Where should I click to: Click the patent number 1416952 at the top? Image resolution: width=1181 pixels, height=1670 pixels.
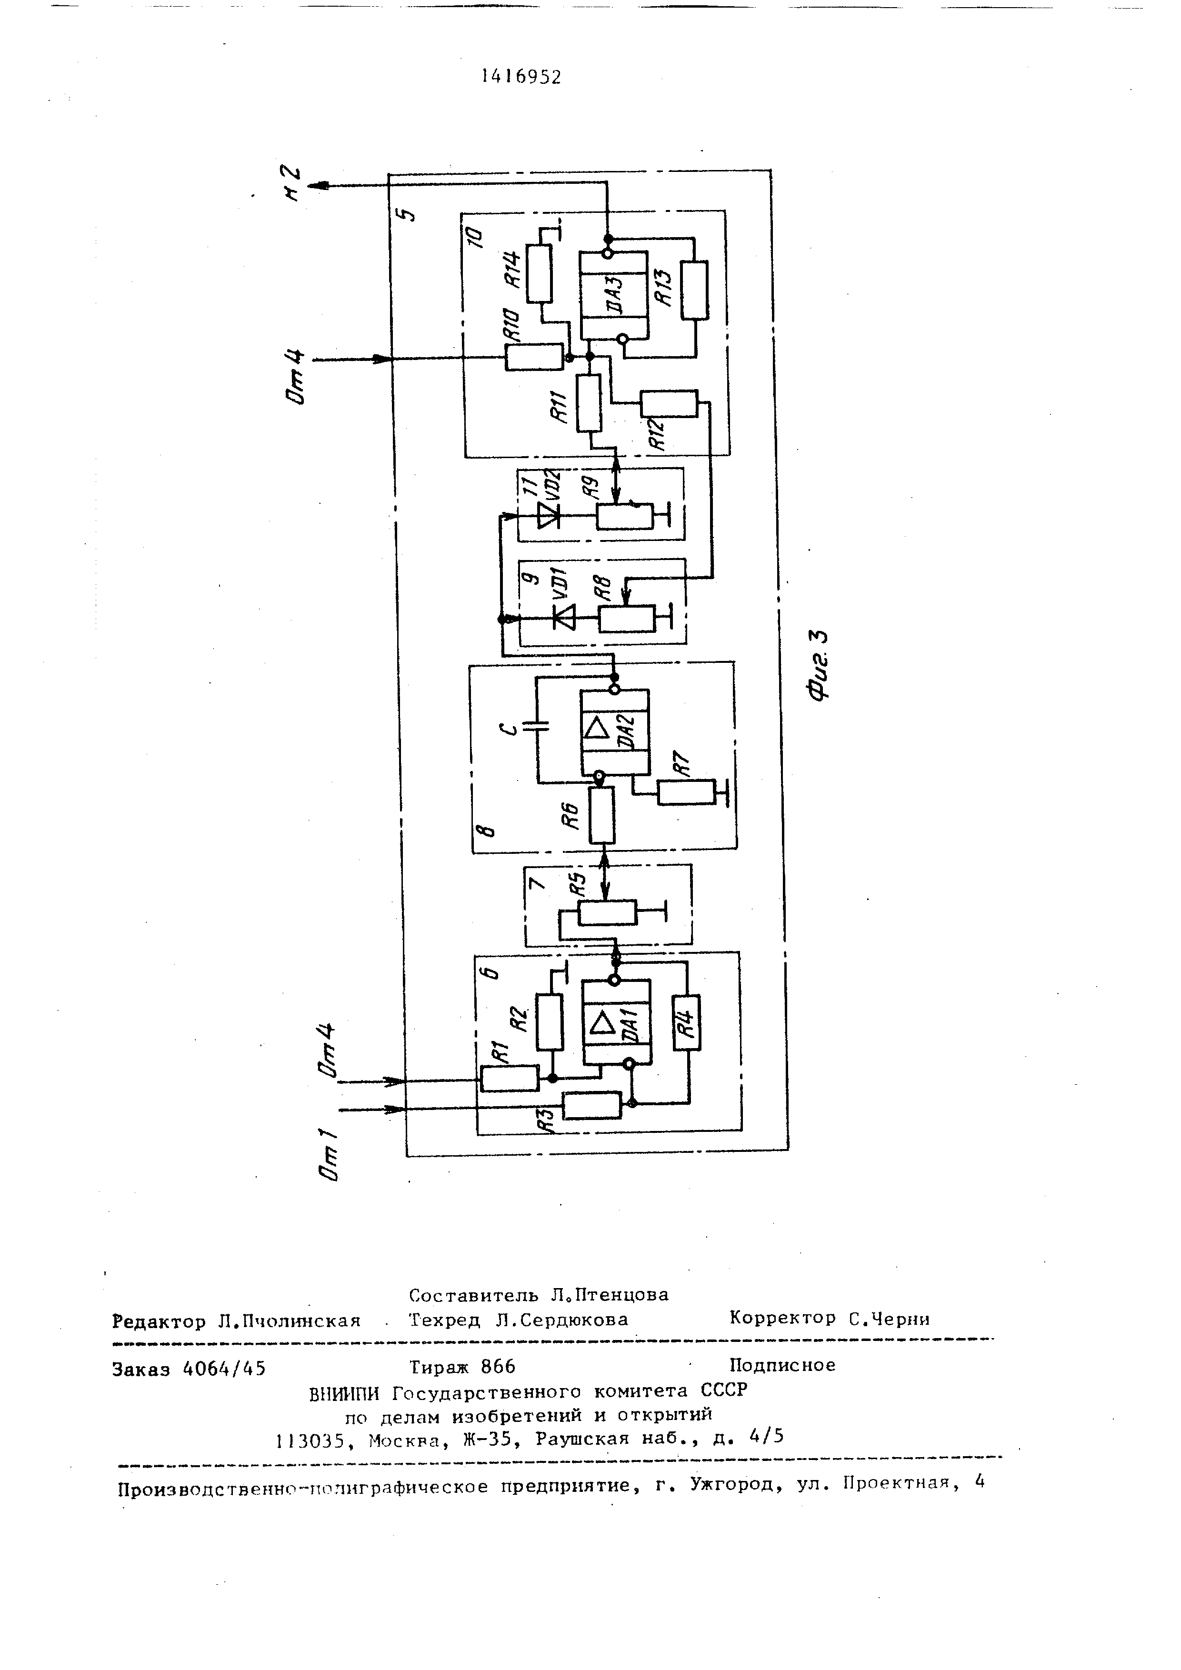coord(521,76)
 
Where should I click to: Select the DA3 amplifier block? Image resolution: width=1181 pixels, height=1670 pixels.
coord(613,295)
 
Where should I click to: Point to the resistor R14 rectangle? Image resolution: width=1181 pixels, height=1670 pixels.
coord(539,273)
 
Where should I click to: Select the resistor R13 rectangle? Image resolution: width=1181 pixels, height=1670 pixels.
coord(694,290)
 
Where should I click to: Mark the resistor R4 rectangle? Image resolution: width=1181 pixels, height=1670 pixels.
coord(687,1022)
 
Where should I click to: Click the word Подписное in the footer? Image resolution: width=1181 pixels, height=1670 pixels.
coord(782,1365)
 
